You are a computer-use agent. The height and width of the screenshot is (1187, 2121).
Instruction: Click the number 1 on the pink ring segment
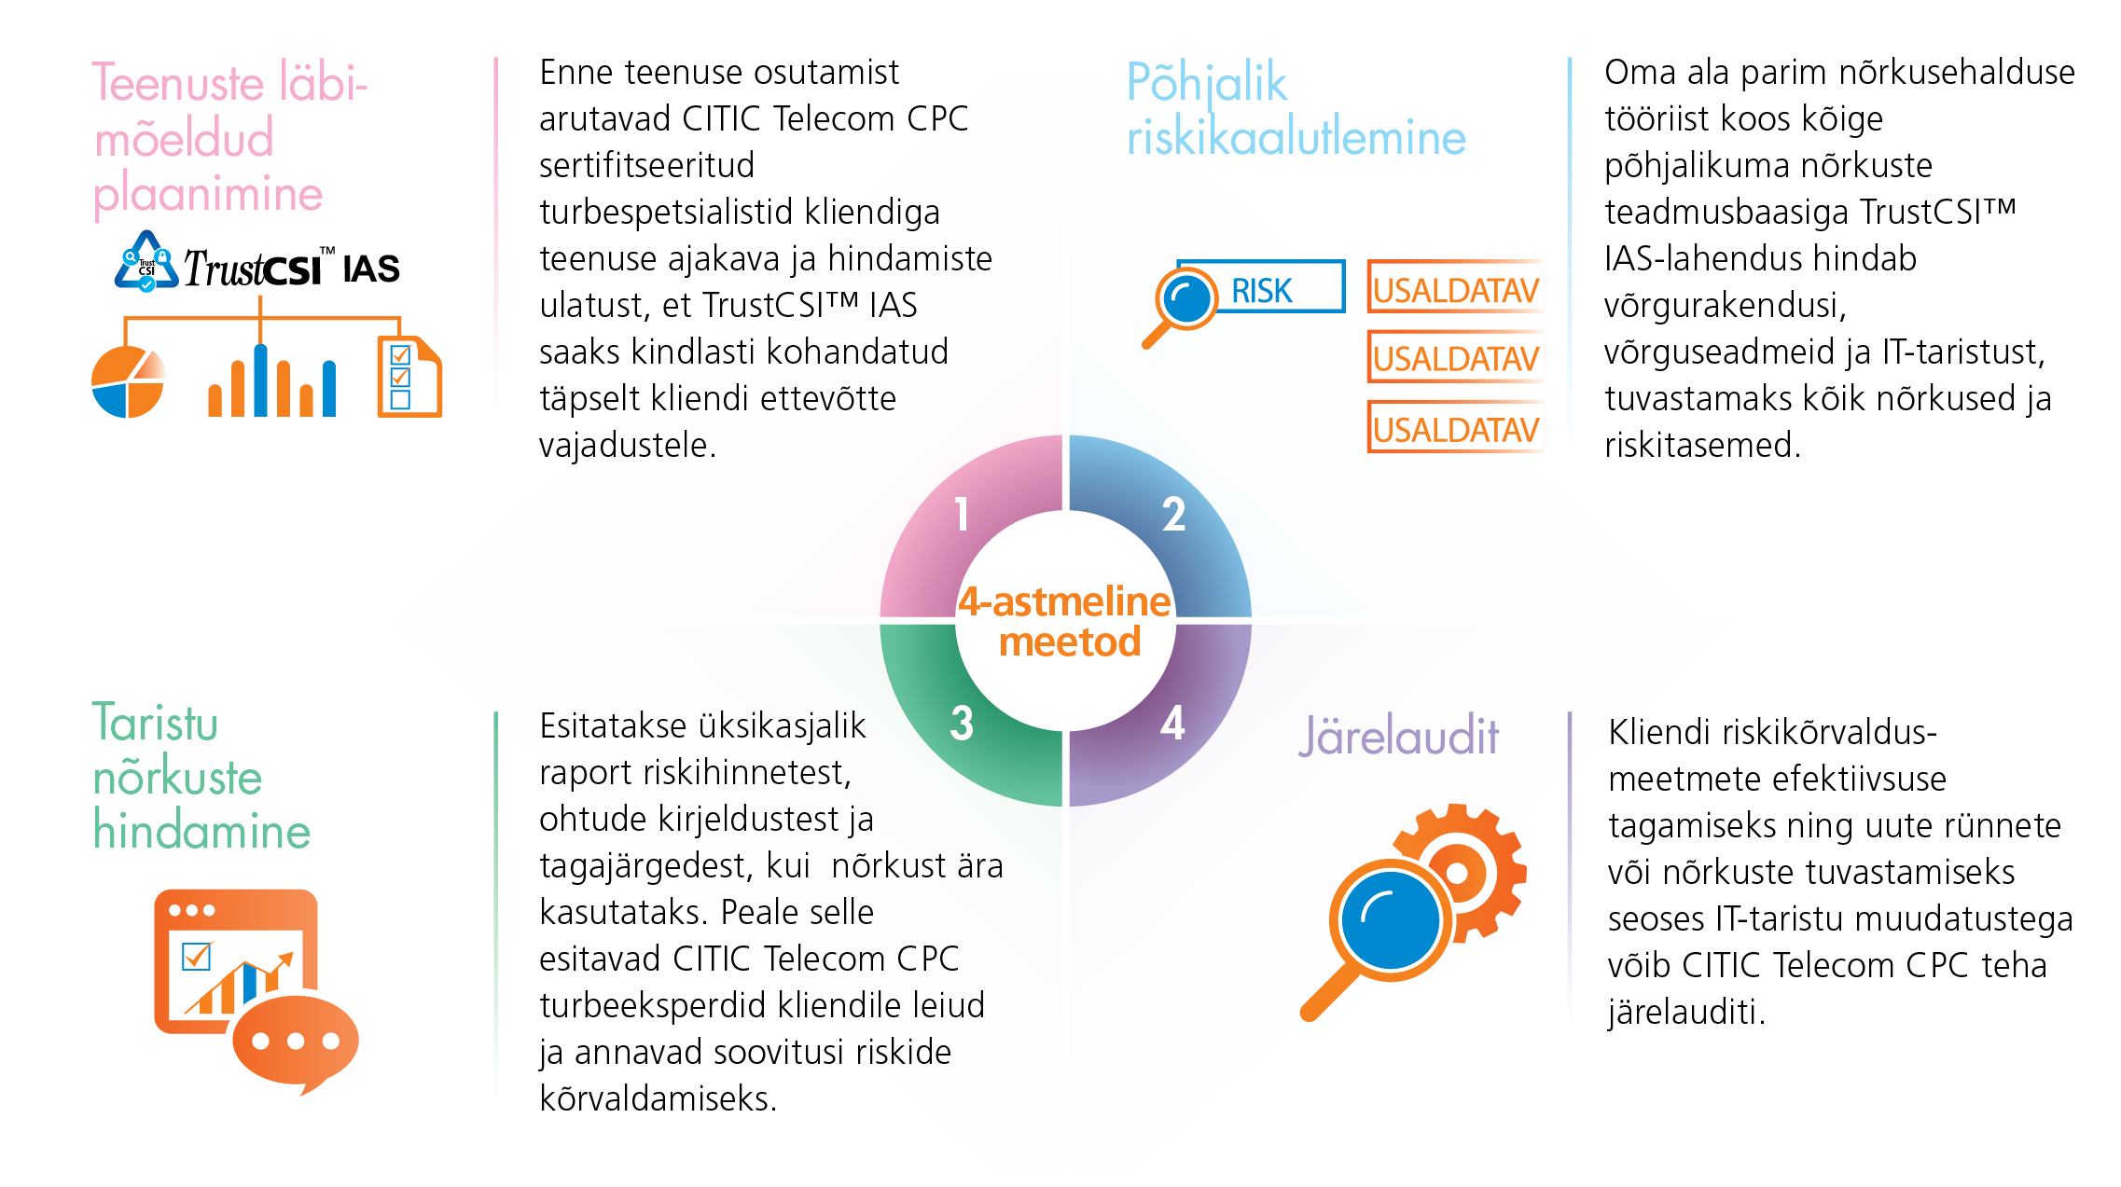coord(962,515)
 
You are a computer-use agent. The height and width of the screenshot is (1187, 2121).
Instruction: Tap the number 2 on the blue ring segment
coord(1173,515)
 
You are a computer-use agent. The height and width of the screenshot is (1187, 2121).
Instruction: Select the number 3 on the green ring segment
coord(962,724)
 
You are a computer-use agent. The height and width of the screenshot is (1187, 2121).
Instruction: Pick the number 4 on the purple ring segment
coord(1172,724)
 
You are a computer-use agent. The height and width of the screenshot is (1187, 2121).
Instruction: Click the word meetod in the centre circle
coord(1070,642)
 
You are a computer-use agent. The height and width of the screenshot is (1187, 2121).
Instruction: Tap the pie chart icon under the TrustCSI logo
coord(128,382)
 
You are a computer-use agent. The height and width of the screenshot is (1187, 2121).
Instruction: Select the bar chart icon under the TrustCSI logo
coord(271,381)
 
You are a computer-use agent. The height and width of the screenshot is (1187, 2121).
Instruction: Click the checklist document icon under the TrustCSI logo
coord(409,378)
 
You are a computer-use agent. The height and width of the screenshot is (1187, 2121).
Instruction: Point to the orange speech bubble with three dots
coord(295,1042)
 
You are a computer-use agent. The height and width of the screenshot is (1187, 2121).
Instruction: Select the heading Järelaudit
coord(1398,736)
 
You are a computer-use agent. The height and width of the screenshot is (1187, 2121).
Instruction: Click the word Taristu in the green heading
coord(155,724)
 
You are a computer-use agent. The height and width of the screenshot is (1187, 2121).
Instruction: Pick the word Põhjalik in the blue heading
coord(1207,84)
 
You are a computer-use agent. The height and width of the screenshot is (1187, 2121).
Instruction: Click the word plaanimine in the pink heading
coord(208,195)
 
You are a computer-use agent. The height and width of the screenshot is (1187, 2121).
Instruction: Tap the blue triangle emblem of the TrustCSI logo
coord(146,262)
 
